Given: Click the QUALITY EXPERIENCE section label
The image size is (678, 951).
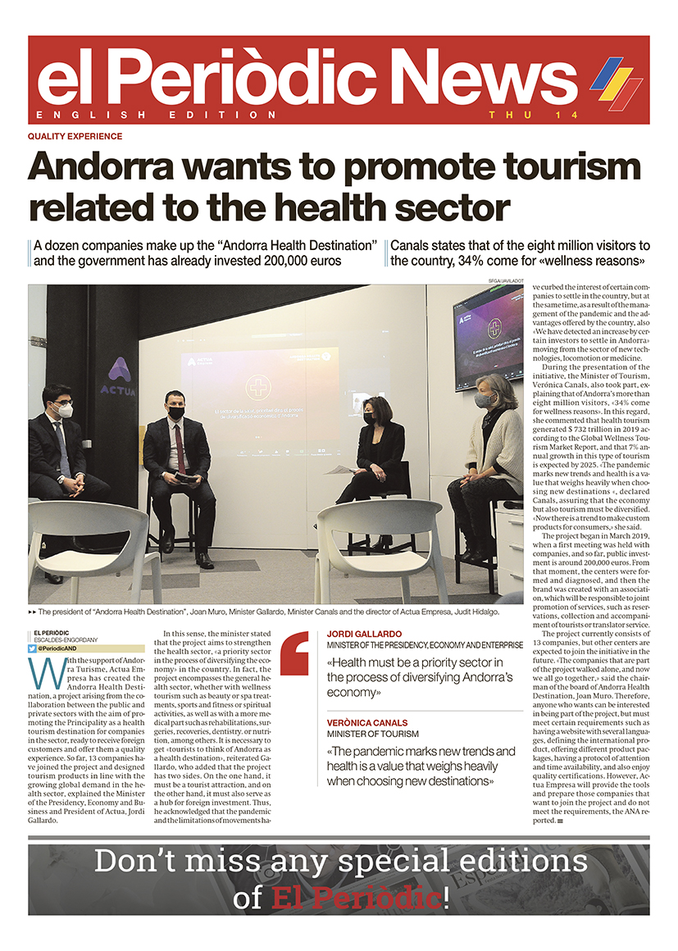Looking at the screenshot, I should tap(75, 137).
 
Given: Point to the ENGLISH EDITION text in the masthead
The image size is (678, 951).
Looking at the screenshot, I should tap(156, 115).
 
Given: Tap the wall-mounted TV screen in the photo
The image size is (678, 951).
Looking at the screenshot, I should tap(489, 335).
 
